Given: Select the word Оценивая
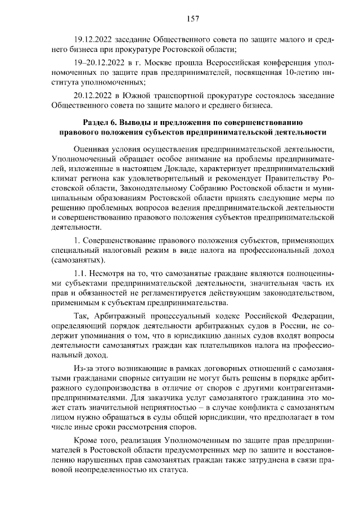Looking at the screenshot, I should (x=92, y=149).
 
